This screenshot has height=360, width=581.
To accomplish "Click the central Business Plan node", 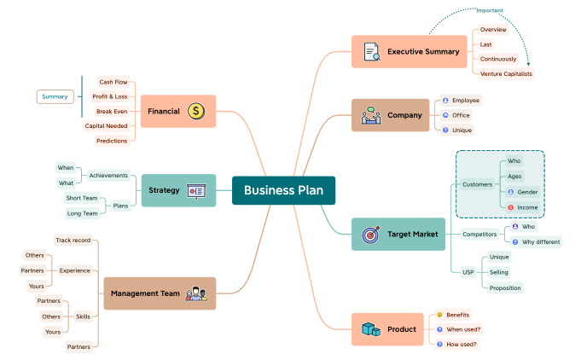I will (x=283, y=190).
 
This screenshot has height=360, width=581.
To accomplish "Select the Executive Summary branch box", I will (x=411, y=51).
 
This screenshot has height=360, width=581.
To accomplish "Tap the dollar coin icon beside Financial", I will (x=196, y=111).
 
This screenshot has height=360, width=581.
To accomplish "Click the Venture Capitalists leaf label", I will (x=506, y=74).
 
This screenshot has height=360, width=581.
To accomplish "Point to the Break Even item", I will (x=112, y=111).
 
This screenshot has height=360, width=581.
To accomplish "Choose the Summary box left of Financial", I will (x=55, y=96).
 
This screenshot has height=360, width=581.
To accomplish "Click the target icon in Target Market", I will (x=371, y=234).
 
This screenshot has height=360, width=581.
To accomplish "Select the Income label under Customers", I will (x=526, y=207).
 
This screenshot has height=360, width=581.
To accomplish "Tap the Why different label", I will (x=541, y=241).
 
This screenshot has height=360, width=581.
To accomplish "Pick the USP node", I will (x=468, y=272).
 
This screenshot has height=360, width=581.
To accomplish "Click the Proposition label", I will (x=505, y=287).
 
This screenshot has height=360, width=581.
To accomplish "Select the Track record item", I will (x=73, y=241).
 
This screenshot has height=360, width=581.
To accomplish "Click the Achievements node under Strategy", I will (x=108, y=176).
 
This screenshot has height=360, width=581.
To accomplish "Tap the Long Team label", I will (x=82, y=213).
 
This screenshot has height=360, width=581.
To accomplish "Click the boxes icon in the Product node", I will (x=370, y=329).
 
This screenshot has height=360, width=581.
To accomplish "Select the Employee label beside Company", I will (x=465, y=101).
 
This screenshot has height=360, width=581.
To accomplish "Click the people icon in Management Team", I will (x=196, y=293).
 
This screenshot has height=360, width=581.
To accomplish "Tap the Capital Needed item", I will (x=106, y=125).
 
